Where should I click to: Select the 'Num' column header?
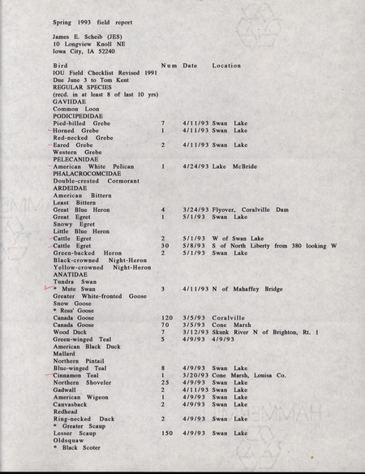170,65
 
